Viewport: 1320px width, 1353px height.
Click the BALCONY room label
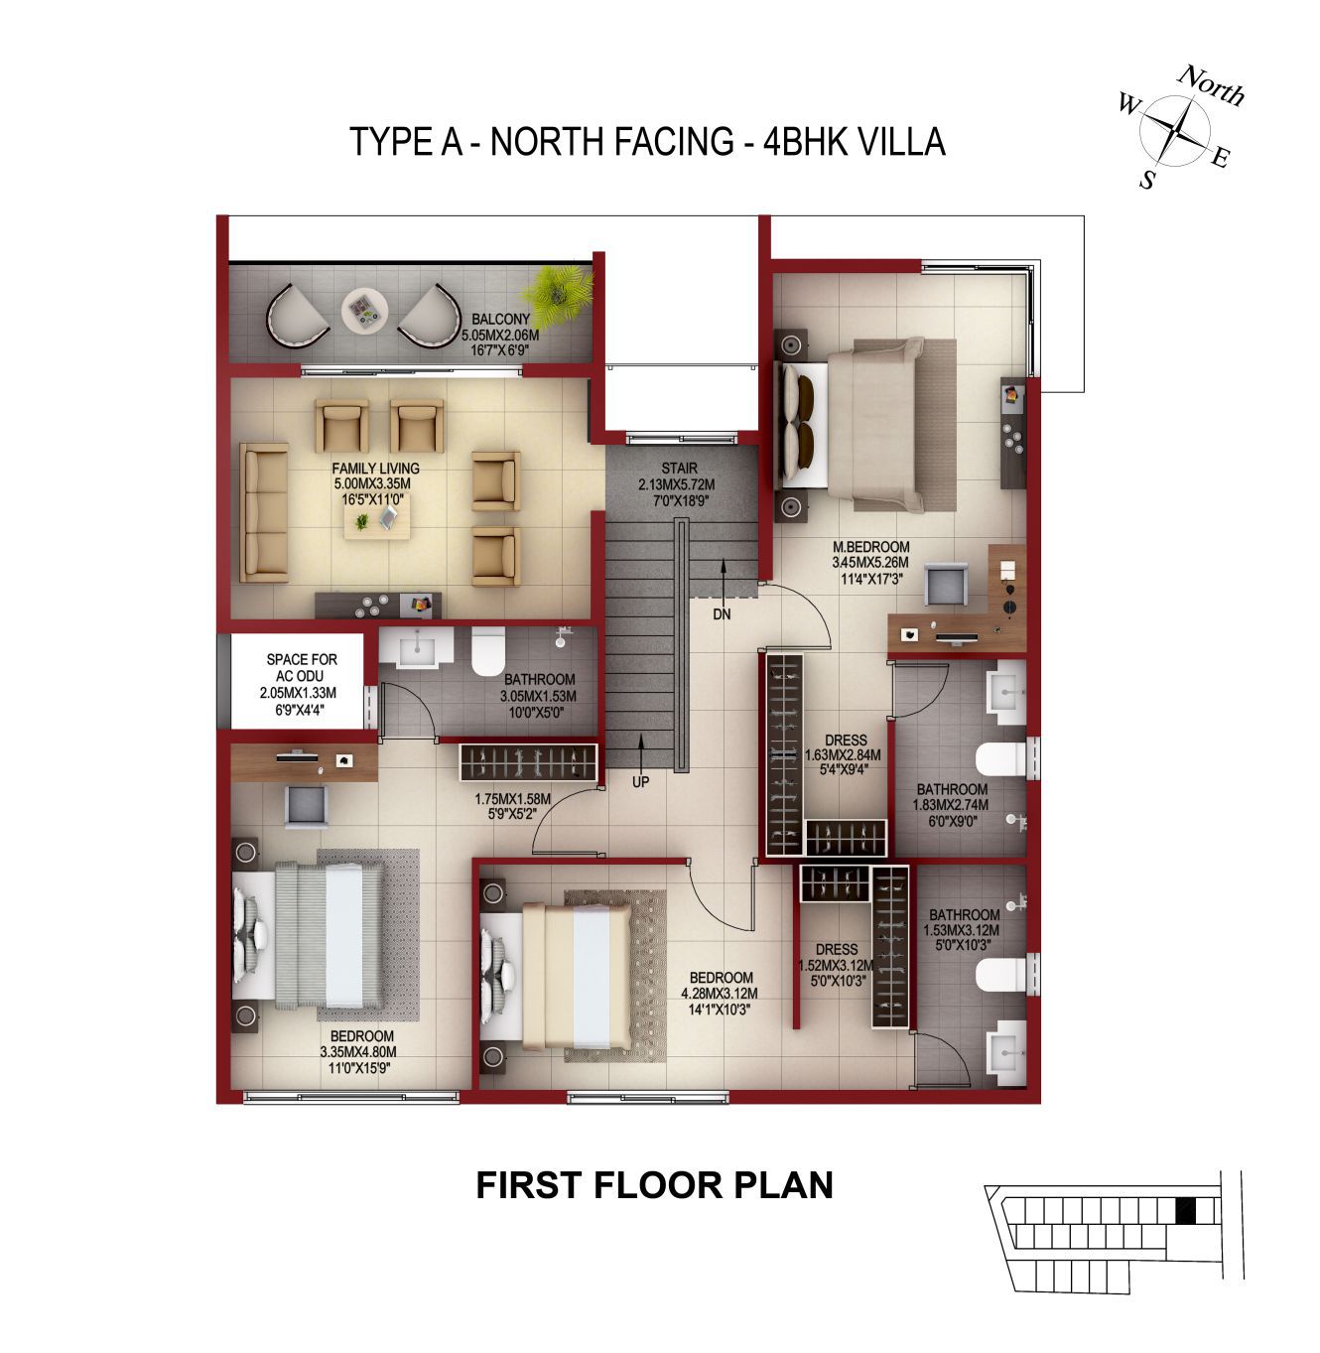(x=500, y=320)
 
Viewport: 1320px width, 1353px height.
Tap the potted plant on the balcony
(x=558, y=292)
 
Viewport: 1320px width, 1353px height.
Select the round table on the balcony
(x=363, y=309)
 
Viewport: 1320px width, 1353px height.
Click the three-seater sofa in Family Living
(x=264, y=513)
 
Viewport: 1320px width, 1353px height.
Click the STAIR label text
(x=679, y=469)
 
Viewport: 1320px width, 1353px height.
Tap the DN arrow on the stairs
(x=723, y=581)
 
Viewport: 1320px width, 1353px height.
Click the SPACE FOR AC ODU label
(x=302, y=667)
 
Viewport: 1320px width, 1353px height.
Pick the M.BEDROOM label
(x=870, y=547)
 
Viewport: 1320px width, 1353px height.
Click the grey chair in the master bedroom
(x=946, y=584)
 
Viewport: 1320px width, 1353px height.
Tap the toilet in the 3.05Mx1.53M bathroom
(x=488, y=651)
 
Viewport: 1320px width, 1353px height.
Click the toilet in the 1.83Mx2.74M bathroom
(x=1001, y=758)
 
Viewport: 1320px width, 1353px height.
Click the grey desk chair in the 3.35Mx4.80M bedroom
(x=307, y=806)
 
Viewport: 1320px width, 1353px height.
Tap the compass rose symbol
(x=1175, y=129)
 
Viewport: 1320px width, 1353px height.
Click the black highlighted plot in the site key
(x=1185, y=1211)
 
